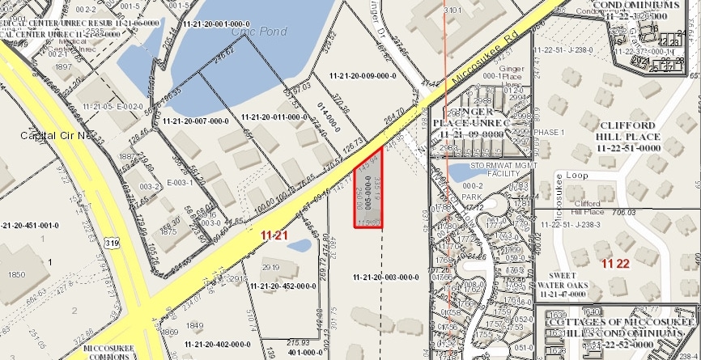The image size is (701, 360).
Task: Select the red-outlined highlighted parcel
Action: click(368, 190)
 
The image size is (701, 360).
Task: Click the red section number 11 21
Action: click(276, 235)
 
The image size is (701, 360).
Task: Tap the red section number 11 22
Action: click(615, 264)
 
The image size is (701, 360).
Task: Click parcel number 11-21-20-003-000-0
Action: click(385, 277)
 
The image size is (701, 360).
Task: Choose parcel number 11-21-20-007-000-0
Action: click(197, 121)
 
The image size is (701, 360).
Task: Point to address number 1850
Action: click(17, 274)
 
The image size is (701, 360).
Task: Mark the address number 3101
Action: click(452, 11)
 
